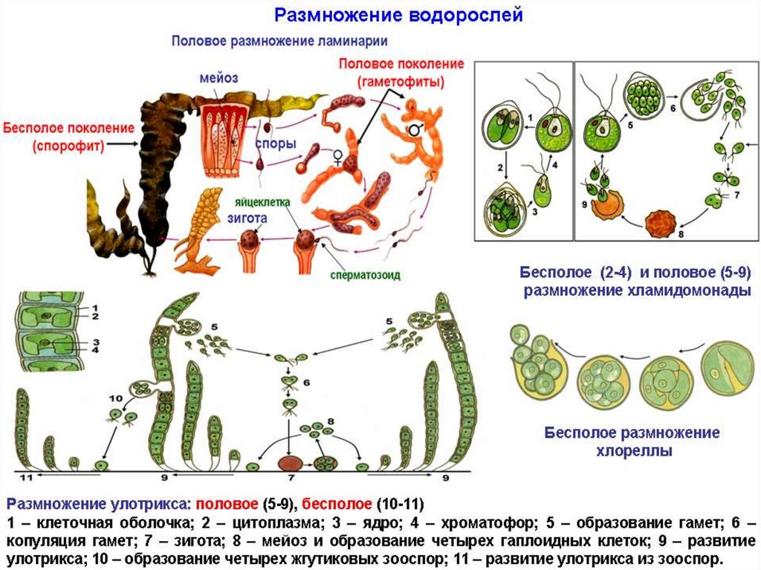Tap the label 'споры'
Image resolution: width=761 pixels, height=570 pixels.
275,143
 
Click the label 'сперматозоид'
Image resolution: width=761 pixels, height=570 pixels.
366,274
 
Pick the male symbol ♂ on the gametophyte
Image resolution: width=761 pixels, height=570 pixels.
410,131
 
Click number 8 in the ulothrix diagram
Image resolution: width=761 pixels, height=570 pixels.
331,421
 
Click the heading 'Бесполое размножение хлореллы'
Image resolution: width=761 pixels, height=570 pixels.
632,441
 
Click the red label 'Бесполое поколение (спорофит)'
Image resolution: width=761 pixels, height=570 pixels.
68,136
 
